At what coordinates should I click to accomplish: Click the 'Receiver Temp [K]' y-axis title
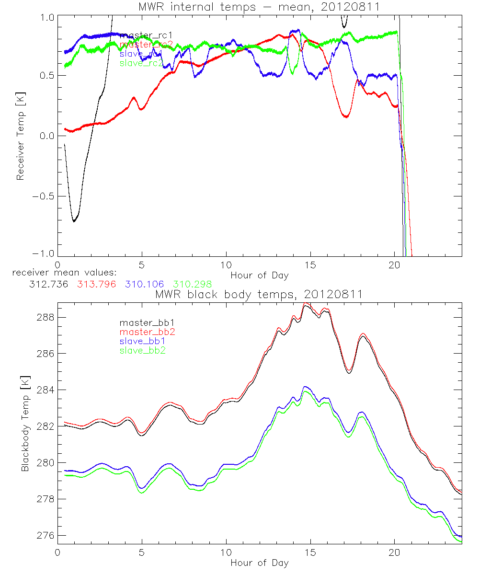21,136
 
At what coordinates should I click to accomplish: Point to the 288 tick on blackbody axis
46,318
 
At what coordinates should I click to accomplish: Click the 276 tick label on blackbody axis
46,536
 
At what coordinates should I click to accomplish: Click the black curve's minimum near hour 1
74,221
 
